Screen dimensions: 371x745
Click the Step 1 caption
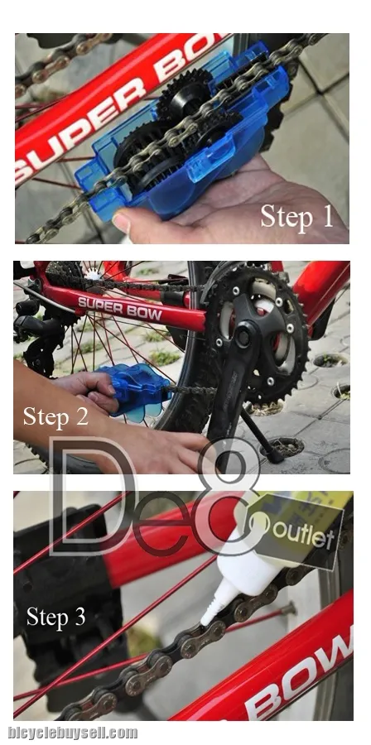[x=297, y=217]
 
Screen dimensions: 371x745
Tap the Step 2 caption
[x=55, y=416]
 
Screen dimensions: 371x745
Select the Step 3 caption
[x=55, y=617]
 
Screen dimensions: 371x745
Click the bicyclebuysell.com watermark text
[x=73, y=733]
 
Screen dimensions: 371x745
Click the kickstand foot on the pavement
[x=276, y=457]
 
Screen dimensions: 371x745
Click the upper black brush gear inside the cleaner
[x=185, y=93]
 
